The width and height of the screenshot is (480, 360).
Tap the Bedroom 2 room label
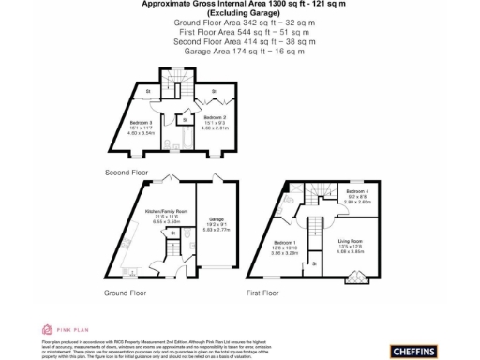pos(217,117)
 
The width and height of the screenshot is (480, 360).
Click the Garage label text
pos(217,217)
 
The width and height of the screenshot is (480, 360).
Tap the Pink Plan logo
pos(56,329)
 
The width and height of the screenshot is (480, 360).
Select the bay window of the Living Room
pos(354,277)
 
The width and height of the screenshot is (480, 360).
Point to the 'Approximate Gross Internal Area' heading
pos(239,5)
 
